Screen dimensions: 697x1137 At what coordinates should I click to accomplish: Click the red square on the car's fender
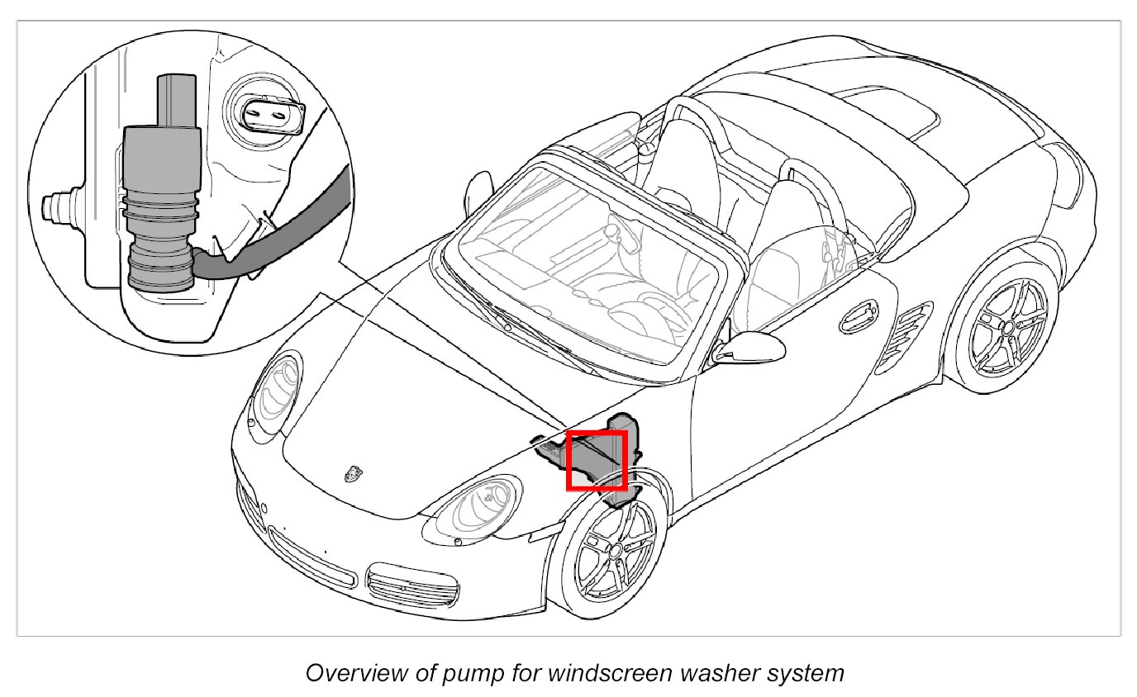coord(596,460)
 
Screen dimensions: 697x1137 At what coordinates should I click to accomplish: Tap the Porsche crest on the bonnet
coord(354,473)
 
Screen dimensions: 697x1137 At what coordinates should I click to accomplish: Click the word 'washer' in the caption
coord(726,673)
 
